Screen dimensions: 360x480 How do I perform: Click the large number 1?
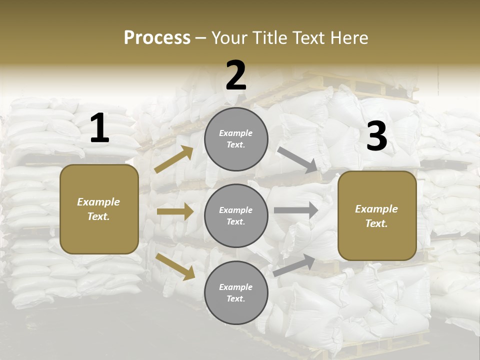point(99,128)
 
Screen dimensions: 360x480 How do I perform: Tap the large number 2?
point(236,75)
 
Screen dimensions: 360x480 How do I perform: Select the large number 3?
point(376,136)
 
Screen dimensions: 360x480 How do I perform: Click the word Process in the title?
point(157,37)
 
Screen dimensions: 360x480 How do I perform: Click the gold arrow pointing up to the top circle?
point(174,159)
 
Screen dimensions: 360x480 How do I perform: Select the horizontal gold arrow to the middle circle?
point(175,211)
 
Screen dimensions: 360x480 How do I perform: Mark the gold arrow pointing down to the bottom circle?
point(175,266)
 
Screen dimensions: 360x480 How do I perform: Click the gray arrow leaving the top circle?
point(297,159)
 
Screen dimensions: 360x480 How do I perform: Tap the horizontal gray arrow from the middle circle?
point(296,210)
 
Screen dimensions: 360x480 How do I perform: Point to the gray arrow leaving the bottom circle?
point(294,265)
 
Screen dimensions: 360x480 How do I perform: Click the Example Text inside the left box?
point(98,209)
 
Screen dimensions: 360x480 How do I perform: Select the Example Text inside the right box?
point(376,216)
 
